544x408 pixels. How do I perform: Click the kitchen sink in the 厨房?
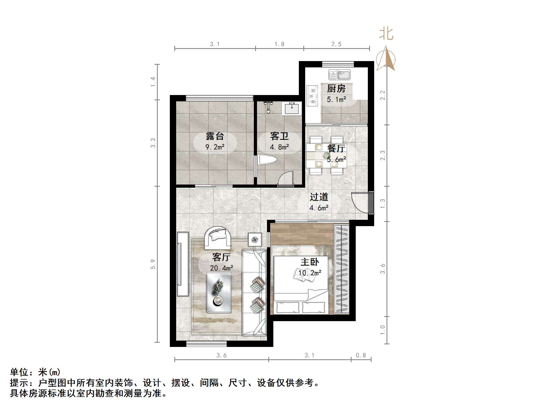(339, 75)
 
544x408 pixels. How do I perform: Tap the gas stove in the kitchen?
(313, 96)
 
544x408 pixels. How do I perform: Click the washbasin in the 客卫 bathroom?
(291, 109)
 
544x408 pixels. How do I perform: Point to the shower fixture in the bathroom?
(268, 107)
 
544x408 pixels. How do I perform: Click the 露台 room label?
(215, 136)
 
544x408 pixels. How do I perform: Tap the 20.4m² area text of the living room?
(221, 268)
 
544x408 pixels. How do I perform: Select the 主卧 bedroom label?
(310, 262)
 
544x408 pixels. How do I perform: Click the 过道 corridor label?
(319, 197)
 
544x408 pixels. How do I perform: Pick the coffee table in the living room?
(219, 292)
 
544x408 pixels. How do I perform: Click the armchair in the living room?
(218, 238)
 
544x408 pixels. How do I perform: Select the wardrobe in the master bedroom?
(342, 269)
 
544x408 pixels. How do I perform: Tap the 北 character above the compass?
(386, 34)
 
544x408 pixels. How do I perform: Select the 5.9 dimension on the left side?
(153, 264)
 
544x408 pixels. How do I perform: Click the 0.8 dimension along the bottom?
(361, 355)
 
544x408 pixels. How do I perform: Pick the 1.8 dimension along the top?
(279, 44)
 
